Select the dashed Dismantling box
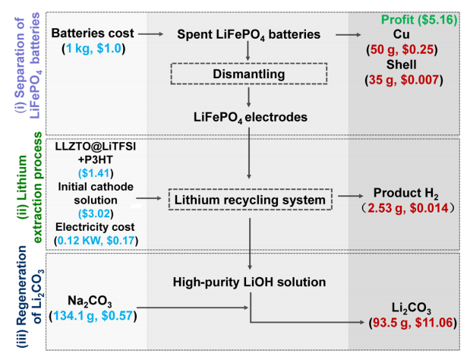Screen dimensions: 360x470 pos(249,74)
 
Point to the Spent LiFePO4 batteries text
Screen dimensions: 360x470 pos(249,35)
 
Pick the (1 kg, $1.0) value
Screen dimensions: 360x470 pos(93,49)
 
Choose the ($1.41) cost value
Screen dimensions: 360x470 pos(94,172)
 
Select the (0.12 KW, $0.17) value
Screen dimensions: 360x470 pos(94,242)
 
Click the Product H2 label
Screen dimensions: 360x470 pos(407,193)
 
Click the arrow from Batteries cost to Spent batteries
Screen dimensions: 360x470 pos(153,34)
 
